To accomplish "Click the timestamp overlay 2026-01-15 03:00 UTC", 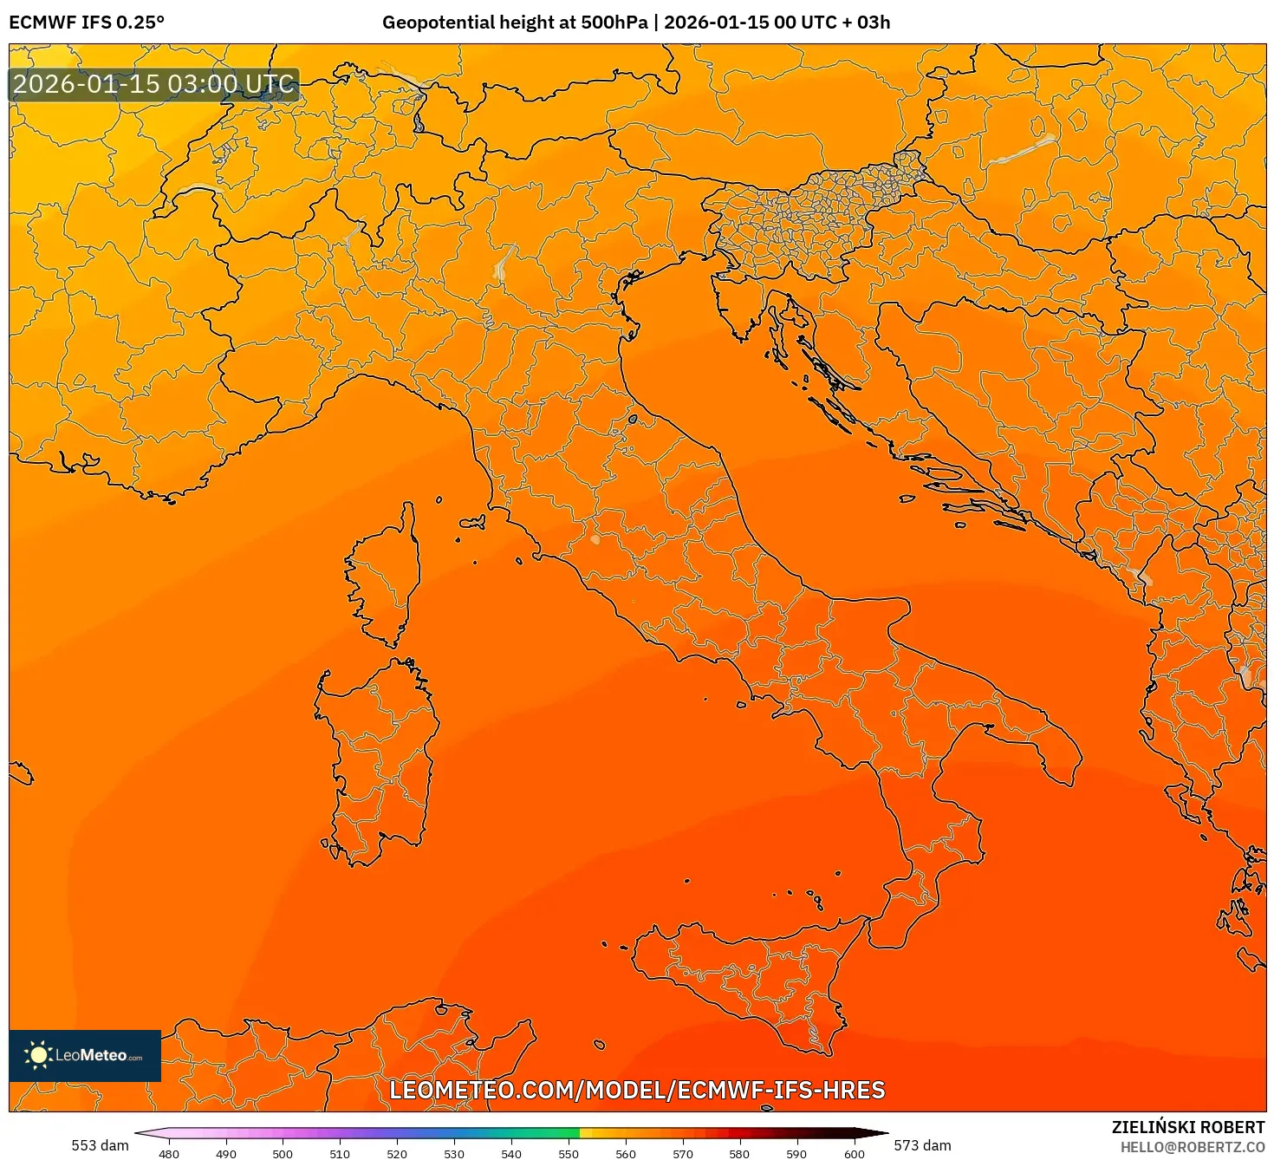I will [x=154, y=84].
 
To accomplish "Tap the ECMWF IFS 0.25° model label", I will [x=87, y=22].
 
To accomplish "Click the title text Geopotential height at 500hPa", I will [x=515, y=22].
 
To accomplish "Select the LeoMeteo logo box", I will [x=85, y=1055].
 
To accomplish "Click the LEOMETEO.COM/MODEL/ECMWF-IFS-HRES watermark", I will [x=637, y=1090].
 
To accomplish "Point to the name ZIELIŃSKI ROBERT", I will [x=1188, y=1127].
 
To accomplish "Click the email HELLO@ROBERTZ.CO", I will [x=1192, y=1147].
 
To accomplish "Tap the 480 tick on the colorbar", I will [x=169, y=1153].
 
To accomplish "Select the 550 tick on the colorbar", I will [x=568, y=1153].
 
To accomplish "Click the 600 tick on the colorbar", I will [x=854, y=1153].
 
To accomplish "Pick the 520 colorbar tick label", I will [x=397, y=1153].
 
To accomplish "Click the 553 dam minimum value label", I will [x=100, y=1145].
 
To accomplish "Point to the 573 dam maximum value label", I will [x=922, y=1145].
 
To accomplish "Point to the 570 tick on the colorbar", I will [x=682, y=1153].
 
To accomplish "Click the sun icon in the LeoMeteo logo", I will [x=38, y=1055].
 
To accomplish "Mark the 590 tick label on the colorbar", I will [x=796, y=1153].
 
